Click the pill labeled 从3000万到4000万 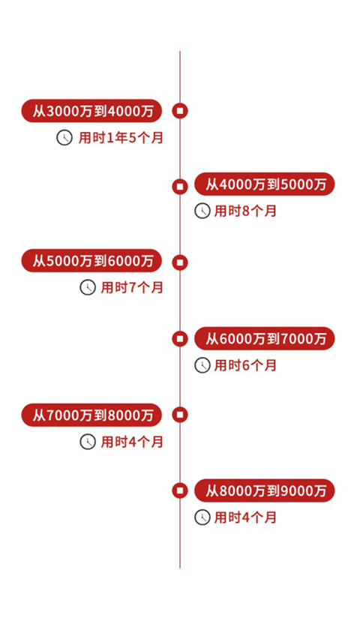91,111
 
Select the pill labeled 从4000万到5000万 264,184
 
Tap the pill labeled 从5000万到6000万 91,261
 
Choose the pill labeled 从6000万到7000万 264,338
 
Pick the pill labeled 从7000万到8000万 91,415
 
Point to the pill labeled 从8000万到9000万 264,490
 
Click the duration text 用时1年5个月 121,138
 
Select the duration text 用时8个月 245,211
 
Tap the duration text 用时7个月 132,288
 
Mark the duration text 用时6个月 245,365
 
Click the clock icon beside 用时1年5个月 64,138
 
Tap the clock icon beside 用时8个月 202,211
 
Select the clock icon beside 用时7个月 88,288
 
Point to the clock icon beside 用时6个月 202,365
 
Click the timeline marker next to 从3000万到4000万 180,111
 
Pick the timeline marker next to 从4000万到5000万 180,187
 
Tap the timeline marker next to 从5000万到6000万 180,262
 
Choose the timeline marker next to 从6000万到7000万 180,338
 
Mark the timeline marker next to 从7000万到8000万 180,415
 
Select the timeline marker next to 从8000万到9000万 180,490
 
